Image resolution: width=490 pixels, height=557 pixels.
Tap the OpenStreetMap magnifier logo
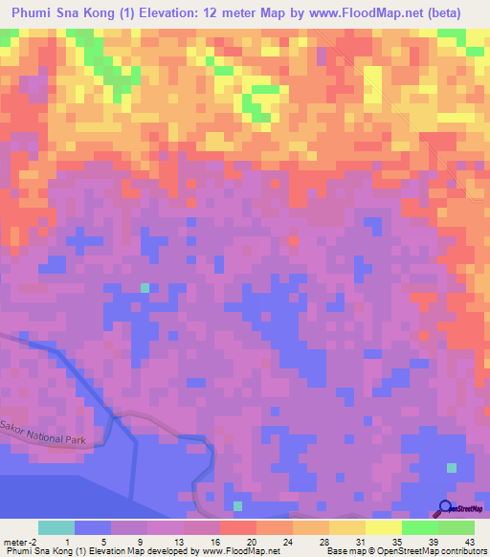pos(445,508)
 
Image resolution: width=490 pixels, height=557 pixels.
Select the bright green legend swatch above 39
pos(420,527)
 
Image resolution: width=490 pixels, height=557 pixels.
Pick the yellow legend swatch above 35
pos(384,527)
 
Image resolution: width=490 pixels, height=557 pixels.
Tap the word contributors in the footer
pos(462,551)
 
